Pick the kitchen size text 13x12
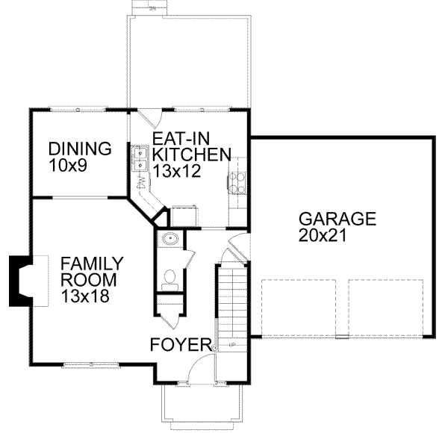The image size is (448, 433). (176, 171)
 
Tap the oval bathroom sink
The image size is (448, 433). (169, 240)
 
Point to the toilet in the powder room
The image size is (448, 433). (169, 279)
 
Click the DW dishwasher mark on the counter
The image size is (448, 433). (141, 182)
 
